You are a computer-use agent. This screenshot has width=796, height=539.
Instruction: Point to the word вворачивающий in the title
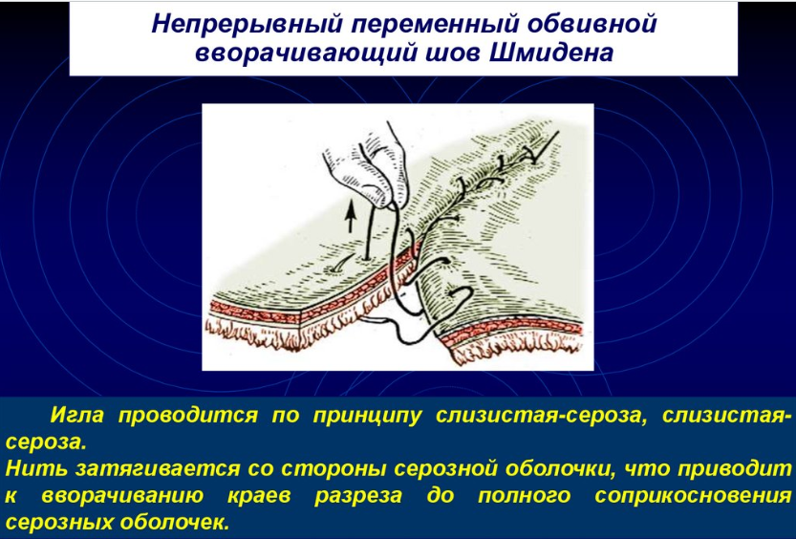pyautogui.click(x=303, y=54)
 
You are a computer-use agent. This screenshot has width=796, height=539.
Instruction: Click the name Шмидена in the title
pyautogui.click(x=550, y=53)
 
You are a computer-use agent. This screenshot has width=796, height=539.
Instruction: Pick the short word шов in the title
pyautogui.click(x=449, y=53)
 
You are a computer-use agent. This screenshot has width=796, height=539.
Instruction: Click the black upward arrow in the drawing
pyautogui.click(x=350, y=216)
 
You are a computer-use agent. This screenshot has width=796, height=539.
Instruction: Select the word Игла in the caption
pyautogui.click(x=76, y=416)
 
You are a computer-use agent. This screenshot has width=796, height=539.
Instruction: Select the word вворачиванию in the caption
pyautogui.click(x=122, y=495)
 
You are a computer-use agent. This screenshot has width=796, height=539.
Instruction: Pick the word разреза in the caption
pyautogui.click(x=358, y=496)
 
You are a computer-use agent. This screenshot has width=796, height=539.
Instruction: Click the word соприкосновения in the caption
pyautogui.click(x=693, y=495)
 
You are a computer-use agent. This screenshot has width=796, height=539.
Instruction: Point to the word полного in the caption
pyautogui.click(x=525, y=495)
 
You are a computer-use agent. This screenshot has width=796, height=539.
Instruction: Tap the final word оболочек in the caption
pyautogui.click(x=174, y=521)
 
